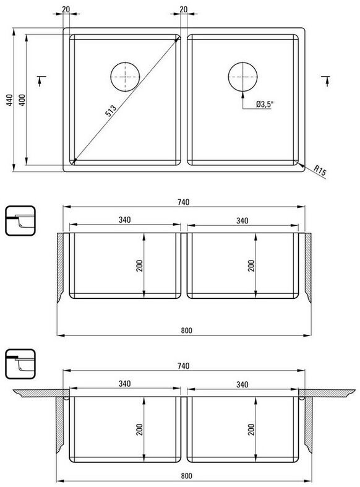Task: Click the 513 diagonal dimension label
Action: pyautogui.click(x=111, y=111)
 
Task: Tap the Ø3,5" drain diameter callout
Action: pyautogui.click(x=264, y=105)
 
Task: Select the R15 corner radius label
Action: pyautogui.click(x=320, y=171)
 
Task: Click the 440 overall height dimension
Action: pyautogui.click(x=10, y=100)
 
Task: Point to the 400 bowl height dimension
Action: pyautogui.click(x=22, y=100)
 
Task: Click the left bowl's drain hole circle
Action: pyautogui.click(x=125, y=77)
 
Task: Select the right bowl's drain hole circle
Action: pyautogui.click(x=242, y=77)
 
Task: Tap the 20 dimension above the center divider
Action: pyautogui.click(x=184, y=9)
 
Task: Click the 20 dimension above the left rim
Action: pyautogui.click(x=66, y=9)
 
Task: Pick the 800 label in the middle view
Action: pyautogui.click(x=187, y=330)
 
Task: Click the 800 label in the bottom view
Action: pyautogui.click(x=187, y=476)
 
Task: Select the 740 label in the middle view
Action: pyautogui.click(x=184, y=202)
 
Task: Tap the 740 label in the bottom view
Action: pyautogui.click(x=184, y=366)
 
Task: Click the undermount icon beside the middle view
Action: pyautogui.click(x=20, y=221)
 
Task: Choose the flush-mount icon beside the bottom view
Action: pyautogui.click(x=20, y=364)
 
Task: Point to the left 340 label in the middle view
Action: pyautogui.click(x=124, y=220)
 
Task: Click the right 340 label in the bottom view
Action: pyautogui.click(x=242, y=384)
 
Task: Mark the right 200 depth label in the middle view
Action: pyautogui.click(x=251, y=266)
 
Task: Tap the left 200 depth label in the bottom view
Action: pyautogui.click(x=139, y=429)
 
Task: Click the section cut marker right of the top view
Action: pyautogui.click(x=326, y=80)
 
